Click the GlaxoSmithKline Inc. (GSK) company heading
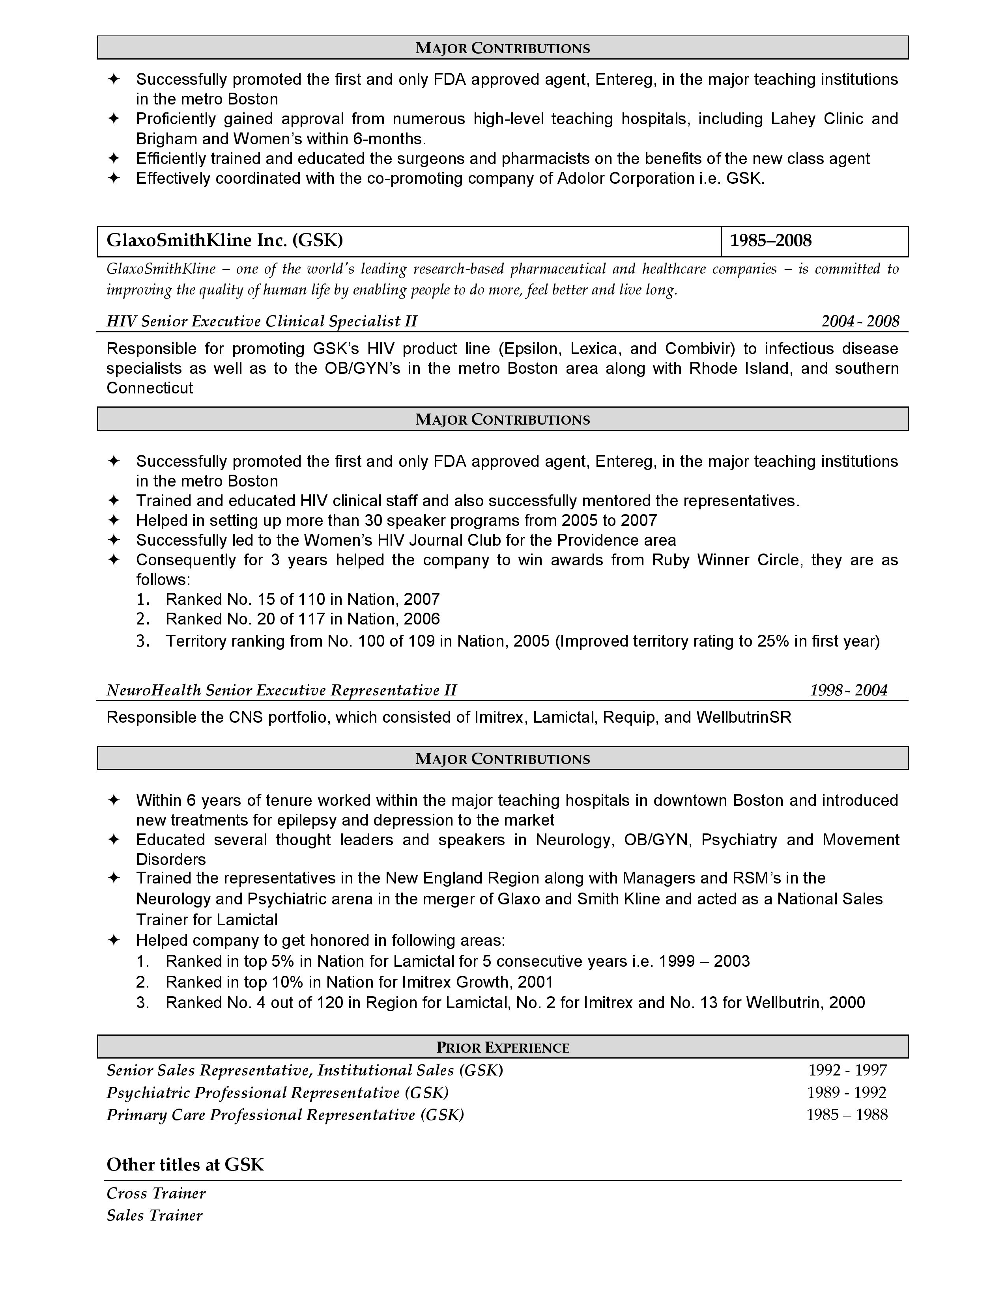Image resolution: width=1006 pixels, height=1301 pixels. coord(225,240)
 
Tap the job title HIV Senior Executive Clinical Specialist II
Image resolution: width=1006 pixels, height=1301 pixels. coord(262,322)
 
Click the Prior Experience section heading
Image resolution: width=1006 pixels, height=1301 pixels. coord(502,1048)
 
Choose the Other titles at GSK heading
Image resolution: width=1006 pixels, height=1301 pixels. coord(185,1165)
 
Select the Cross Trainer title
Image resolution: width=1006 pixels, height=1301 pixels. coord(156,1193)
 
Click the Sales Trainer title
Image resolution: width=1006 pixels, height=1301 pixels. coord(154,1215)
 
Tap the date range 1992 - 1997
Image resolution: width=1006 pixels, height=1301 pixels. coord(847,1070)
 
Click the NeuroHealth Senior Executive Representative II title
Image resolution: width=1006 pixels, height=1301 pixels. coord(281,690)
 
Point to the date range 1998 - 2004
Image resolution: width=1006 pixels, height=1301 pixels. coord(848,690)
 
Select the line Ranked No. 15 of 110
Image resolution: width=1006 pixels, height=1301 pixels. coord(303,599)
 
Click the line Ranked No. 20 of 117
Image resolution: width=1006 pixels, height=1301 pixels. coord(303,619)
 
